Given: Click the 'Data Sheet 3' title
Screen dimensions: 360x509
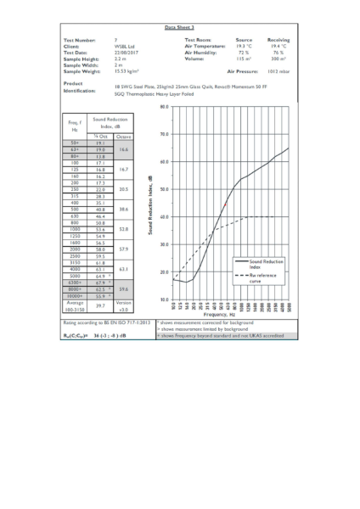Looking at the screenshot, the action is click(179, 28).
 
